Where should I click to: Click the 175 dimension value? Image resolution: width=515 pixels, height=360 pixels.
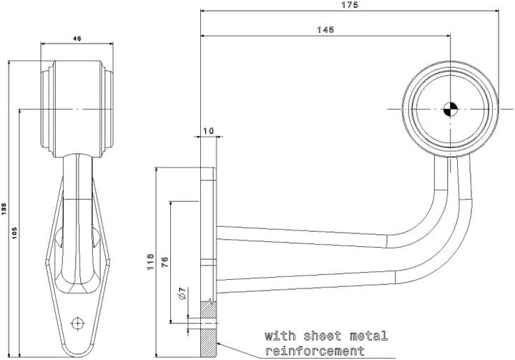(350, 5)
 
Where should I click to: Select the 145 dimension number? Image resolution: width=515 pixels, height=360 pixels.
(325, 30)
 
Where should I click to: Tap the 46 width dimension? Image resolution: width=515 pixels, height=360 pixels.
(77, 39)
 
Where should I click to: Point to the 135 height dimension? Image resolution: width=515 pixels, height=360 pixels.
(4, 209)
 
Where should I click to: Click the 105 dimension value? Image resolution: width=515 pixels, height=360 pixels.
(15, 233)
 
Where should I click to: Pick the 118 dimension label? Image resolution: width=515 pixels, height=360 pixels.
(150, 262)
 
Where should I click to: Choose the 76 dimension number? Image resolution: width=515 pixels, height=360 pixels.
(165, 262)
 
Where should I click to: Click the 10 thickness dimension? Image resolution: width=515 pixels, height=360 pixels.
(208, 131)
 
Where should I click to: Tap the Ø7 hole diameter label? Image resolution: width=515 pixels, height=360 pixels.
(182, 293)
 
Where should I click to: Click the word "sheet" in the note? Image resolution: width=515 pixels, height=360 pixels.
(322, 336)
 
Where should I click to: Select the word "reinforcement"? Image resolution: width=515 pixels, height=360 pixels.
(315, 351)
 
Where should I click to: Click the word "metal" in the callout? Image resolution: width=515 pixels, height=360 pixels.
(368, 336)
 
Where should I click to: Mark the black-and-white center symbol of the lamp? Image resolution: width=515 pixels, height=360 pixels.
(451, 110)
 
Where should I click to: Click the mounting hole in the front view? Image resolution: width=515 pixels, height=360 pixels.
(77, 323)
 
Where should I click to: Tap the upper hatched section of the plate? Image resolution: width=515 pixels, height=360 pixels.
(208, 310)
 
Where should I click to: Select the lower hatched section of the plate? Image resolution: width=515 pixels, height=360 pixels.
(208, 343)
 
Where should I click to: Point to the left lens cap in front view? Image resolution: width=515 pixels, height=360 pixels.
(47, 109)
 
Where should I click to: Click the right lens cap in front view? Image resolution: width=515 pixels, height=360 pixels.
(107, 109)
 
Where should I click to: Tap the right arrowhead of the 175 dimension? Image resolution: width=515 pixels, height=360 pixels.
(496, 11)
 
